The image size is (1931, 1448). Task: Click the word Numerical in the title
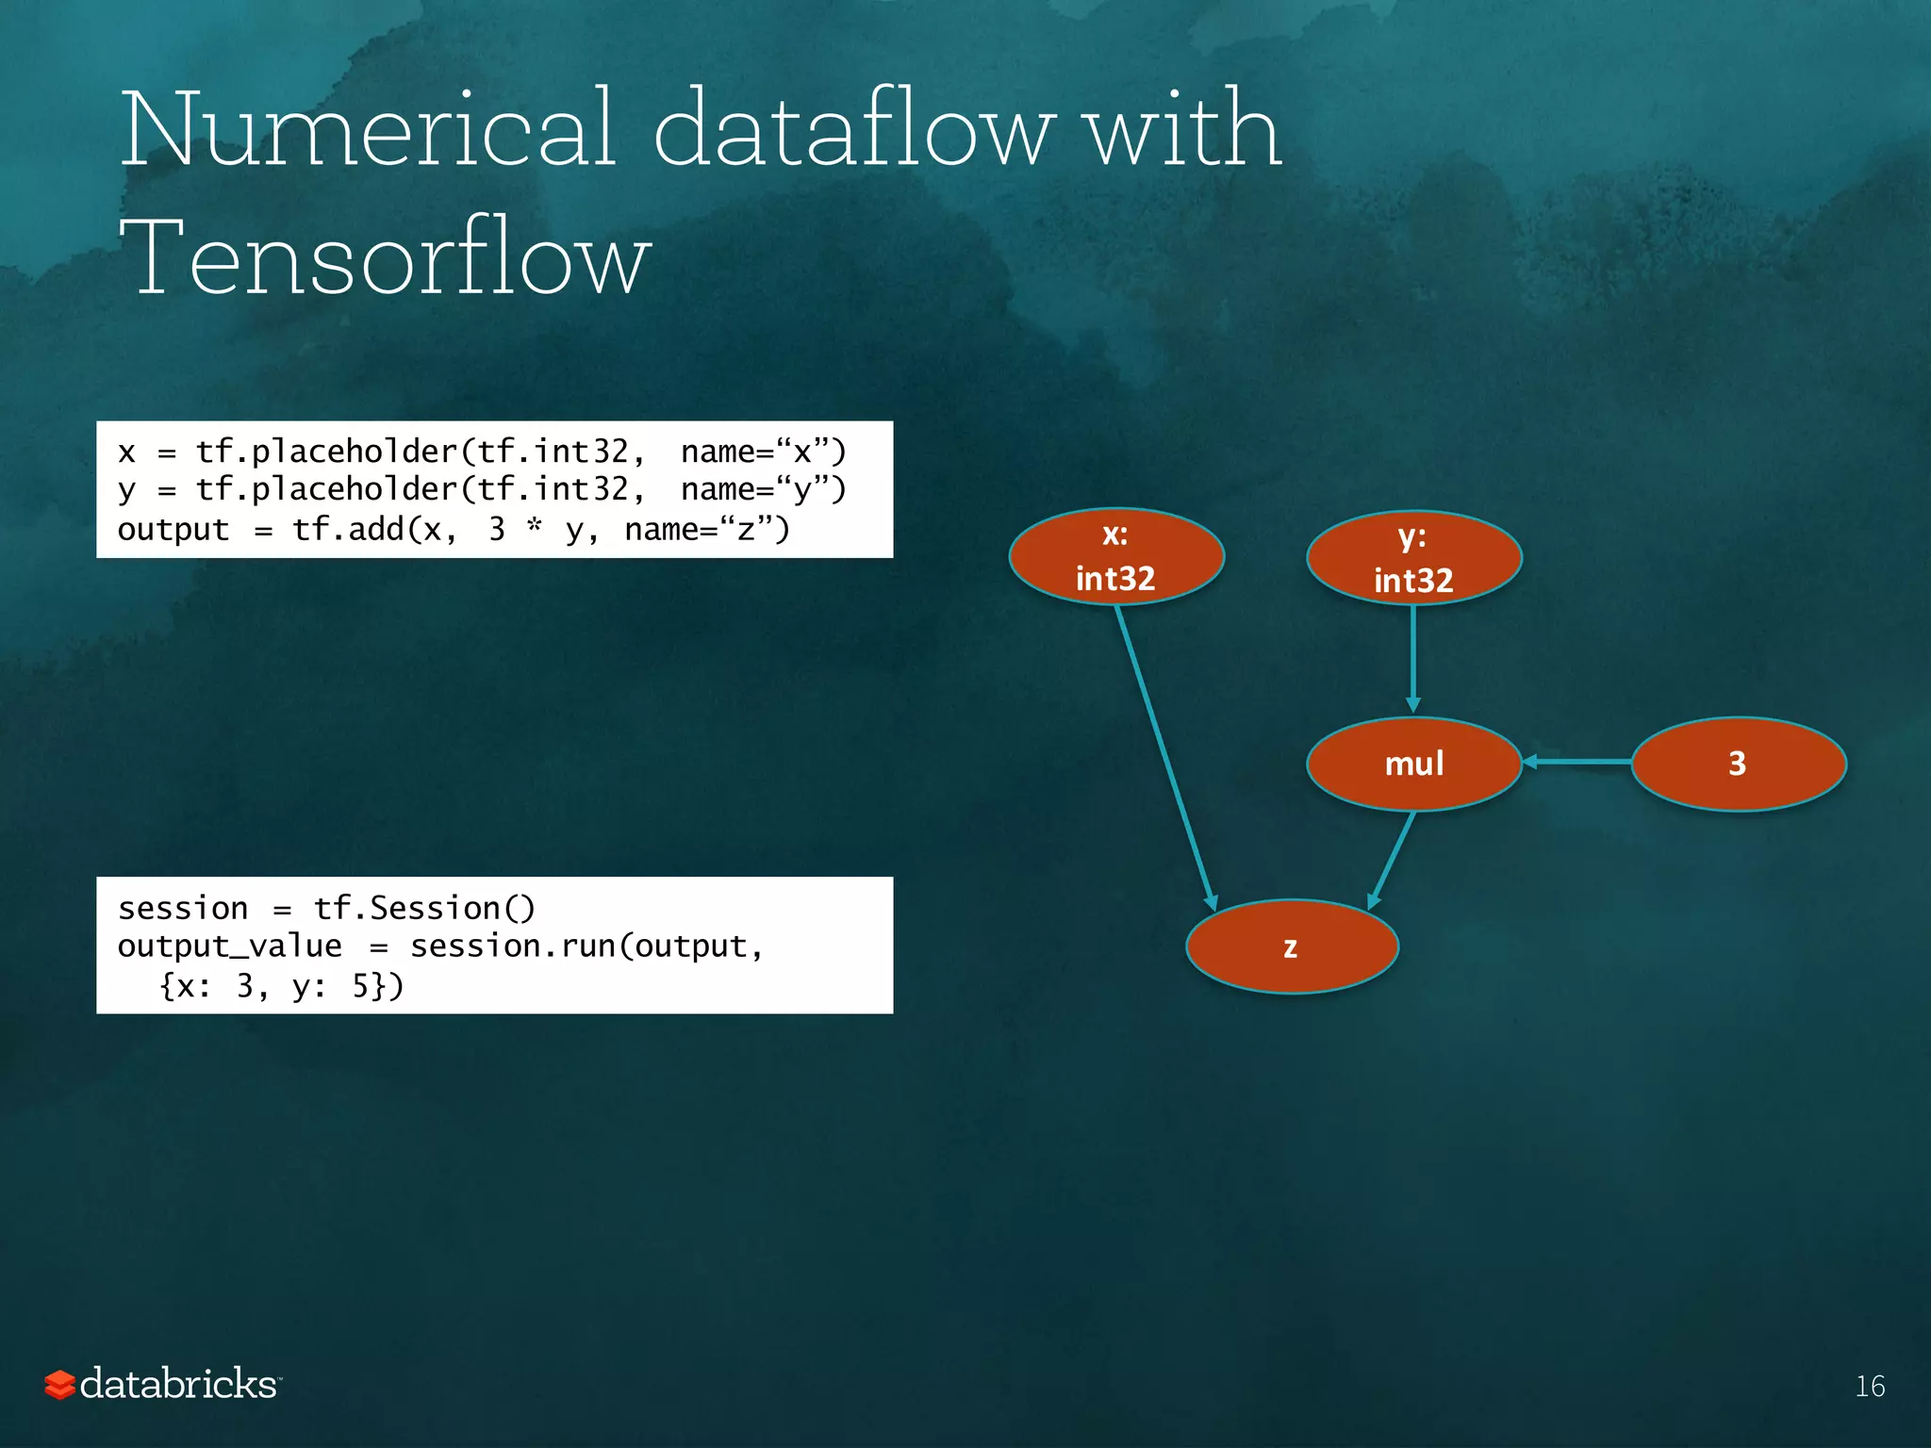point(368,129)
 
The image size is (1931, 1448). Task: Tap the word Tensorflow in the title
point(385,257)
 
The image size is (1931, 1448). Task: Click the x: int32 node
point(1115,557)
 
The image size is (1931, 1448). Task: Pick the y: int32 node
point(1413,559)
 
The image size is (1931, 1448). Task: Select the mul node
point(1413,764)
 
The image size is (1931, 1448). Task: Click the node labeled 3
point(1737,764)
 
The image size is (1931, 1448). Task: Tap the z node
point(1291,946)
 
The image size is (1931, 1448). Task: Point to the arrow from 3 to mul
point(1576,762)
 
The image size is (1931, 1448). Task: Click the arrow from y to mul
point(1412,660)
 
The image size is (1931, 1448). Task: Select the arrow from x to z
point(1165,754)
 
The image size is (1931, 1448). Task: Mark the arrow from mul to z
point(1392,860)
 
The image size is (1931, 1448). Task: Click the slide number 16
point(1870,1386)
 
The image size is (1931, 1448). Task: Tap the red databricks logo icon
point(59,1385)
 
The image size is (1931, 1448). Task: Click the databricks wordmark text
point(178,1384)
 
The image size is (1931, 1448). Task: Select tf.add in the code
point(348,530)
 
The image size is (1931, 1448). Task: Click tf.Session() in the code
point(423,908)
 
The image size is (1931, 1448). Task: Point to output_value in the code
point(229,946)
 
